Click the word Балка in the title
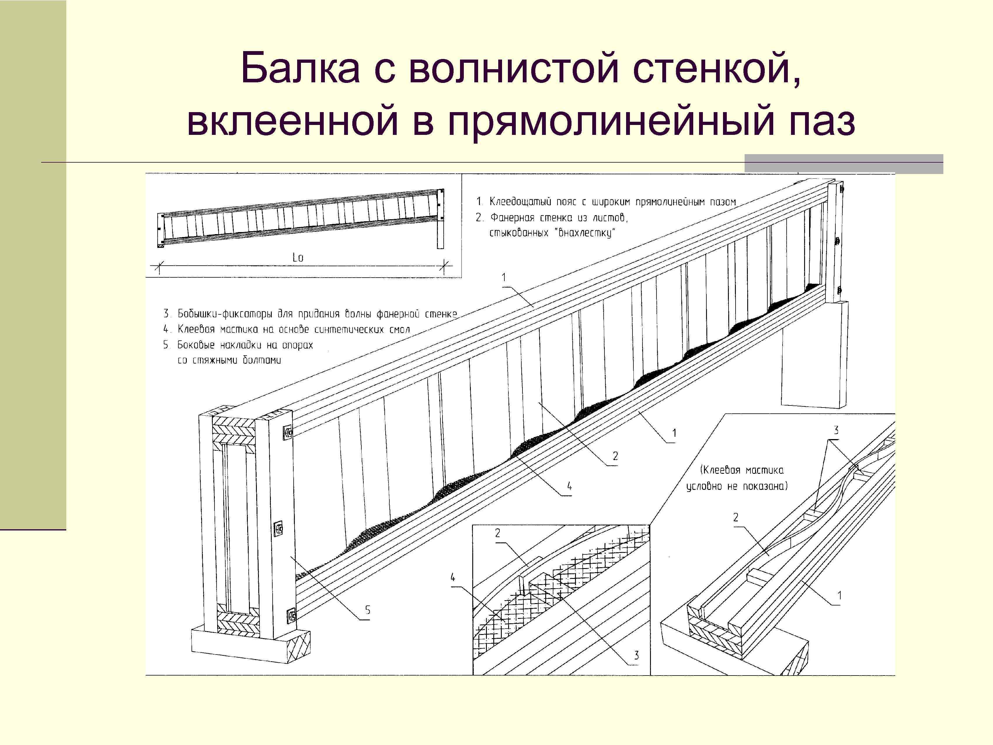[x=300, y=68]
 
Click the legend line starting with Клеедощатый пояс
[x=606, y=202]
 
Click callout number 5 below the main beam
[x=368, y=610]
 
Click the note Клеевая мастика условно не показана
[x=737, y=478]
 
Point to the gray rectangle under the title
[x=844, y=164]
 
